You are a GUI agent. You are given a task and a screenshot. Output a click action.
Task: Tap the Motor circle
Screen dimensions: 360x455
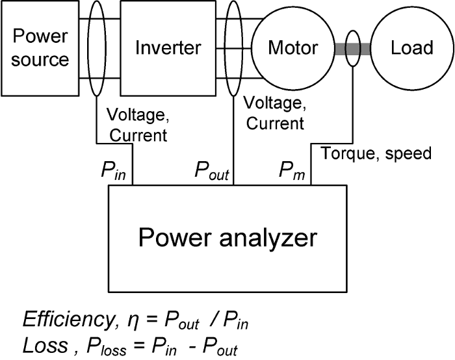[x=293, y=47]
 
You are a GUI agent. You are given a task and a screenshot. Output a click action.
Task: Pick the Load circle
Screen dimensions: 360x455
[x=411, y=47]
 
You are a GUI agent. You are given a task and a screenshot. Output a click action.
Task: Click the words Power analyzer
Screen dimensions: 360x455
[x=227, y=238]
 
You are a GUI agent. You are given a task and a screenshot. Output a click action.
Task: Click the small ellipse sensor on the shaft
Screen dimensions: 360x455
[x=353, y=49]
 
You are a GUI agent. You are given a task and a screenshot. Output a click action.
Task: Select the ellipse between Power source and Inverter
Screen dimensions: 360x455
[x=96, y=48]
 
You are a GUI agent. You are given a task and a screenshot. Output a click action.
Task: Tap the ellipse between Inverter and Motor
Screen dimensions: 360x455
[x=233, y=48]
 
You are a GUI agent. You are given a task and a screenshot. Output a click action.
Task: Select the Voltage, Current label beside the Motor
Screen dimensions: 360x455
[x=274, y=112]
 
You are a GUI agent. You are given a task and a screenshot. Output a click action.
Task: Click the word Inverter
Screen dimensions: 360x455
[x=168, y=47]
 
